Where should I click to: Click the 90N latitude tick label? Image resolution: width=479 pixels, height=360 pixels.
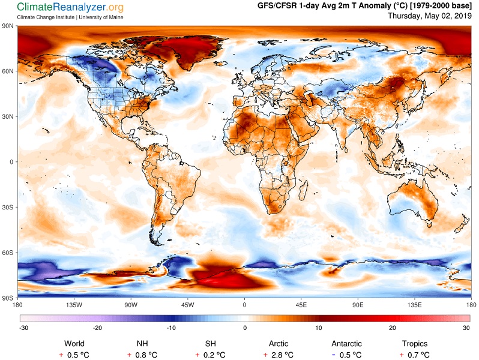pos(7,26)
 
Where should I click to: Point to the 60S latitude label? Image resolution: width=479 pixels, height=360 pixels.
pos(7,253)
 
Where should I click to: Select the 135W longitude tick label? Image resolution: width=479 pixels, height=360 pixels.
pos(74,305)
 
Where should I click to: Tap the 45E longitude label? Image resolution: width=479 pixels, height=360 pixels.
pos(301,305)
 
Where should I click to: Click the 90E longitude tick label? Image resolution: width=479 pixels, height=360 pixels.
pos(357,305)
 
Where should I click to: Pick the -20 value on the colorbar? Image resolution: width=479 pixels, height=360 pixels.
pos(97,328)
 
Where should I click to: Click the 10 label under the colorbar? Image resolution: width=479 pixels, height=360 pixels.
pos(319,328)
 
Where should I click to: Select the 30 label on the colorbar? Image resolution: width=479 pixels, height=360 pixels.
pos(466,328)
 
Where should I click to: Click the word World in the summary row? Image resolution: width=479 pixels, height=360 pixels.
pos(74,344)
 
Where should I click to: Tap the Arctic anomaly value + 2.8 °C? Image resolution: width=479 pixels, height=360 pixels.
pos(279,355)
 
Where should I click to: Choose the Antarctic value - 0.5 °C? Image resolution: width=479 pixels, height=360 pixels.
pos(346,355)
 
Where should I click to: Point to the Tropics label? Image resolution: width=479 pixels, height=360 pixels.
pos(415,344)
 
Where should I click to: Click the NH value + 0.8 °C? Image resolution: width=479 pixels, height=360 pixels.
pos(142,355)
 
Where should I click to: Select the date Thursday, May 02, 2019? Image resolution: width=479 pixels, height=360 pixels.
pos(430,16)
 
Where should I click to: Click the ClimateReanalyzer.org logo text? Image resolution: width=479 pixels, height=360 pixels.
pos(70,7)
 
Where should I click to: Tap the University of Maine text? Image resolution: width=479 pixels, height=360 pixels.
pos(101,17)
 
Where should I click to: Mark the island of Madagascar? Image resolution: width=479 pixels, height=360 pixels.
pos(304,190)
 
